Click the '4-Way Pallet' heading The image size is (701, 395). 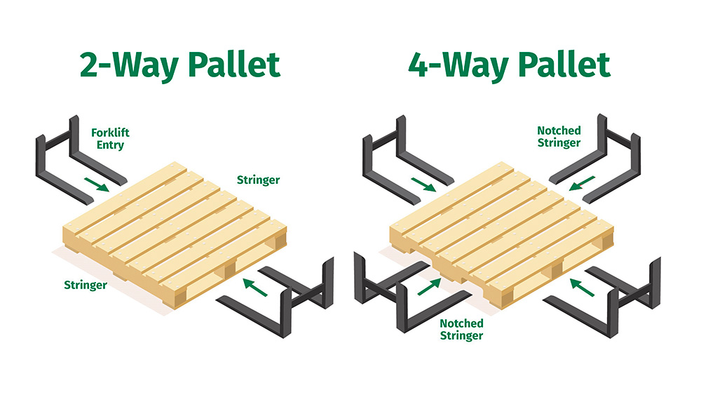click(x=509, y=65)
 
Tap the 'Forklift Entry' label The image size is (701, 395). click(x=111, y=139)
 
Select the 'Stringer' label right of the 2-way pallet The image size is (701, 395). click(x=258, y=180)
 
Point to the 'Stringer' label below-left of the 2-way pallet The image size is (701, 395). click(x=86, y=285)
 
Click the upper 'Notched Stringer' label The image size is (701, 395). click(x=559, y=137)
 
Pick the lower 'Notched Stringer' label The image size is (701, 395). click(x=461, y=329)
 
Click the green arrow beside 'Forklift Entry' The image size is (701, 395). click(x=97, y=185)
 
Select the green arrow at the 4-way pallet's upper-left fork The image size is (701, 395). click(x=423, y=185)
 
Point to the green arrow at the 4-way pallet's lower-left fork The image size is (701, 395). click(x=430, y=286)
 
